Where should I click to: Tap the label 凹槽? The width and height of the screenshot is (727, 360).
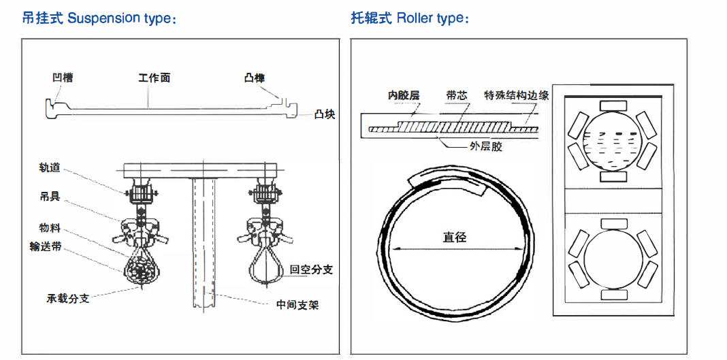tap(63, 78)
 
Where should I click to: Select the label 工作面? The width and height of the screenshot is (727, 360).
tap(154, 78)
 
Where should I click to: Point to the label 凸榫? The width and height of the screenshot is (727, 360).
tap(255, 78)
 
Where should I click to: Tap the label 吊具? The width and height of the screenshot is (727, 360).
tap(50, 197)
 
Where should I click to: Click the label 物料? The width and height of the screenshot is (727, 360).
tap(50, 227)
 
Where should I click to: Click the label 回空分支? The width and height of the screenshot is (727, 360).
tap(311, 269)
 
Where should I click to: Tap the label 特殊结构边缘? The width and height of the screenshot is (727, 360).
tap(516, 95)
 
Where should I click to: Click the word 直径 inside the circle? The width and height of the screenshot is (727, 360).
tap(454, 237)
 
